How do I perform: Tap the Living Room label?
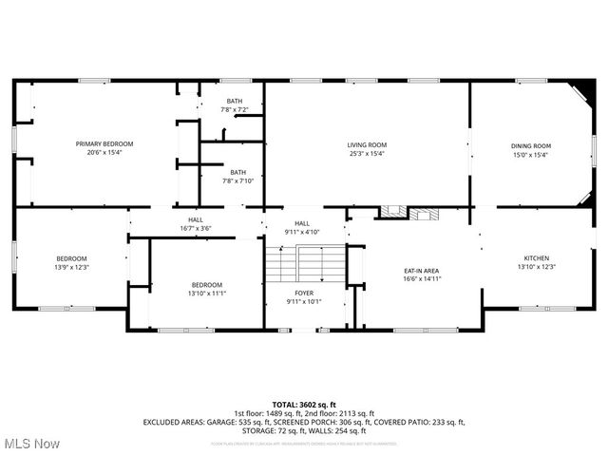click(366, 144)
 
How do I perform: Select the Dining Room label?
click(530, 145)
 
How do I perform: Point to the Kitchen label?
click(537, 258)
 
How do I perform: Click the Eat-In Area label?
click(421, 271)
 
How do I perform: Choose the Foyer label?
click(303, 294)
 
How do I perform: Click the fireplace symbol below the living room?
click(410, 213)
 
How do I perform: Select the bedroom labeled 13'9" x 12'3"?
click(71, 263)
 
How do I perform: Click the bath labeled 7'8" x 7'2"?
click(233, 105)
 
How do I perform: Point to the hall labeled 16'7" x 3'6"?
click(195, 224)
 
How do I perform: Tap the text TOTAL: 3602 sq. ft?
click(303, 405)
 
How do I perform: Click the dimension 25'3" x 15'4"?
click(366, 153)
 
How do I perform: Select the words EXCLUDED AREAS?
click(174, 421)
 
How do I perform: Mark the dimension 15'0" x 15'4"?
click(530, 154)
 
